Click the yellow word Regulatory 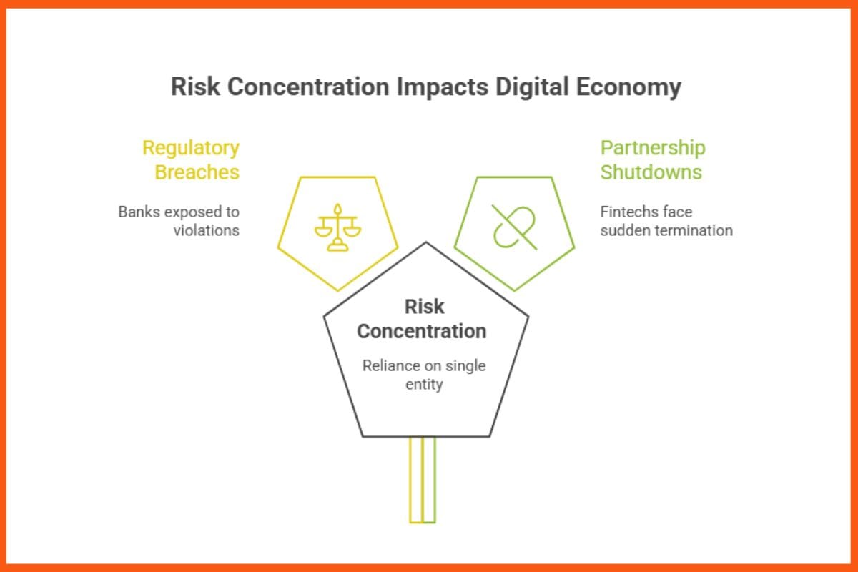(x=191, y=148)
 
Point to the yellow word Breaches (x=197, y=172)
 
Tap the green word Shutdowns (x=651, y=172)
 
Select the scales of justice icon (x=337, y=227)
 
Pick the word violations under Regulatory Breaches (x=207, y=230)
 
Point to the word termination (x=697, y=230)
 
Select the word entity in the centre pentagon (x=424, y=384)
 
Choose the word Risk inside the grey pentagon (x=424, y=307)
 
